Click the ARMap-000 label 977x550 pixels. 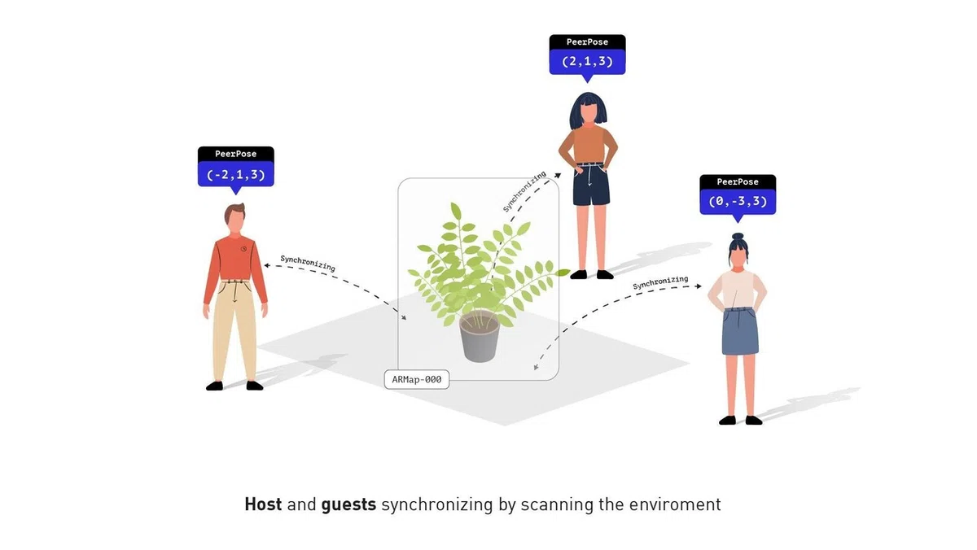[x=417, y=380]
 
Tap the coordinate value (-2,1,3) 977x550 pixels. [x=236, y=175]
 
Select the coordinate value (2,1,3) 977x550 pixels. [x=587, y=62]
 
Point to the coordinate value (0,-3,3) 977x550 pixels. [x=738, y=201]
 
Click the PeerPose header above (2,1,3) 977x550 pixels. [x=587, y=41]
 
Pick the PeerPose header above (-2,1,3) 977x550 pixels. [x=236, y=154]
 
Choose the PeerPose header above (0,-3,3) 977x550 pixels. [x=738, y=181]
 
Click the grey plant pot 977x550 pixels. [x=480, y=338]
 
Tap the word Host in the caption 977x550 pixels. [x=263, y=504]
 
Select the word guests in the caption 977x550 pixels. [x=348, y=505]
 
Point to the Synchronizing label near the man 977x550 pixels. [x=308, y=264]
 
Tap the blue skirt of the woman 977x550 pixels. [x=740, y=331]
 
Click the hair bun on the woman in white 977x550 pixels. [x=738, y=237]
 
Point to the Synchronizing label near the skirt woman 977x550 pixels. [x=660, y=282]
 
